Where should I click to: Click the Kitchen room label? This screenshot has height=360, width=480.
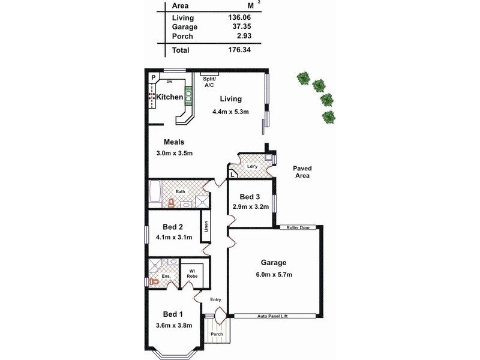[170, 97]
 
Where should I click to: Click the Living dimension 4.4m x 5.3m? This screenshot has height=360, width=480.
[230, 112]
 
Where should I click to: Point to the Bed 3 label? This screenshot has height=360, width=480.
[250, 197]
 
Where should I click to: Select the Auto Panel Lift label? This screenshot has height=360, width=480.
[274, 316]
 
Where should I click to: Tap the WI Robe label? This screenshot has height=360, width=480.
[193, 275]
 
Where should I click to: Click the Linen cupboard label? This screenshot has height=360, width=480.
[206, 227]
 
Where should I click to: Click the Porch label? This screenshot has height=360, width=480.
[217, 334]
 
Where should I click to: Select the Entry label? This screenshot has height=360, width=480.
[215, 299]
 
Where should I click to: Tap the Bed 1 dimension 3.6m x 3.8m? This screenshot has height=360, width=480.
[173, 326]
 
